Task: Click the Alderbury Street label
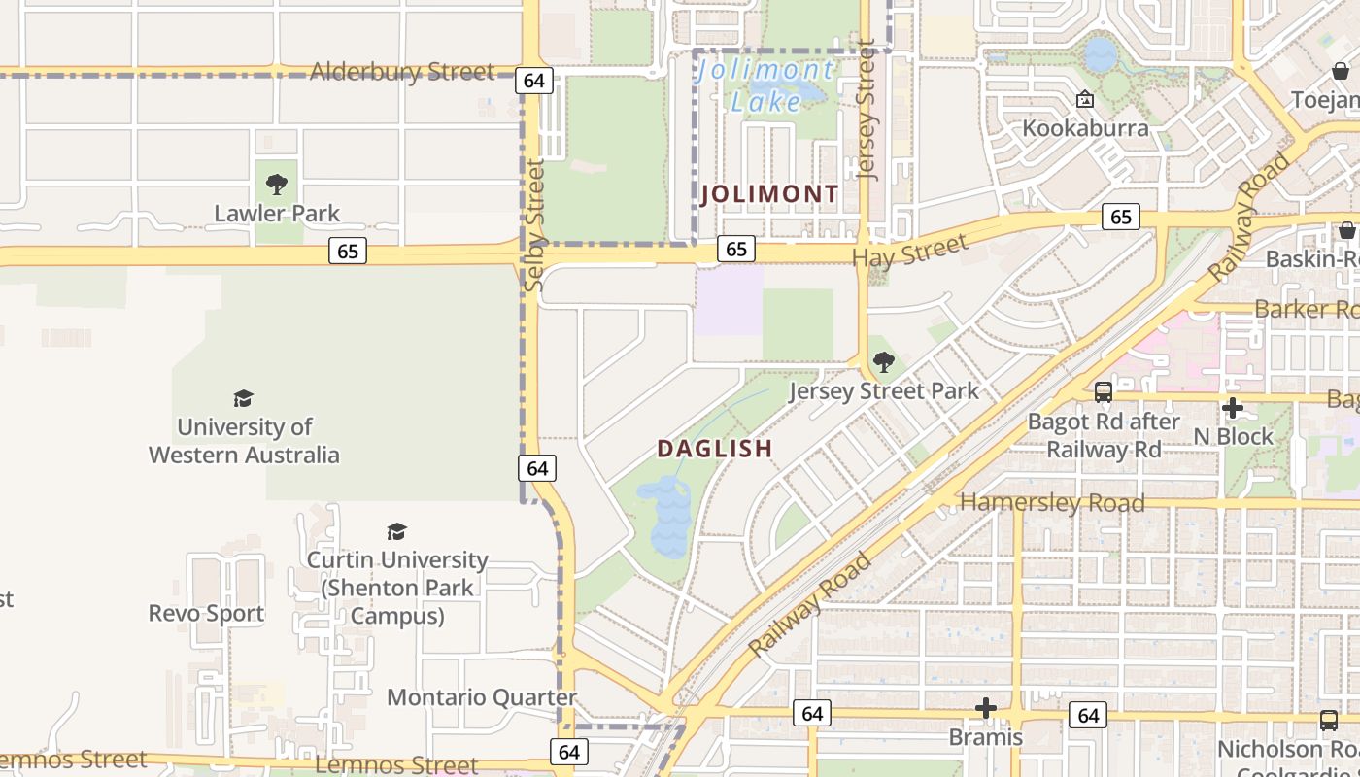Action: pyautogui.click(x=401, y=72)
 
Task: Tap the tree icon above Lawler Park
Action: pyautogui.click(x=277, y=184)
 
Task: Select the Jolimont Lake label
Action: pyautogui.click(x=765, y=85)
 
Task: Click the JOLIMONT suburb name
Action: pyautogui.click(x=769, y=194)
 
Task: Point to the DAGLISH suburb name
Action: pyautogui.click(x=715, y=449)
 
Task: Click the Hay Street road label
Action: pyautogui.click(x=910, y=252)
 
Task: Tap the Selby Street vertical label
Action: pyautogui.click(x=534, y=225)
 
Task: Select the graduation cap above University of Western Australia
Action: pyautogui.click(x=243, y=398)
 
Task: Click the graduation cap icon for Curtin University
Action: pyautogui.click(x=396, y=531)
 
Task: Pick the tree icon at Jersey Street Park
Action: pyautogui.click(x=883, y=363)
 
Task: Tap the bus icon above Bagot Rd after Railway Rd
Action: pyautogui.click(x=1104, y=392)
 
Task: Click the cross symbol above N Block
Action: pyautogui.click(x=1233, y=408)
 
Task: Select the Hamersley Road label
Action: pyautogui.click(x=1052, y=503)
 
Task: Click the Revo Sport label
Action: pyautogui.click(x=206, y=614)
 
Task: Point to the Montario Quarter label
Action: pyautogui.click(x=482, y=697)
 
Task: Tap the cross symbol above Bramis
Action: pyautogui.click(x=986, y=708)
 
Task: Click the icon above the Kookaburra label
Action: pyautogui.click(x=1085, y=99)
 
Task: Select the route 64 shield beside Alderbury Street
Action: pyautogui.click(x=533, y=81)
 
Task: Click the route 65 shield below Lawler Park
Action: pyautogui.click(x=347, y=252)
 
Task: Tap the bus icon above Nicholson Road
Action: pyautogui.click(x=1328, y=721)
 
